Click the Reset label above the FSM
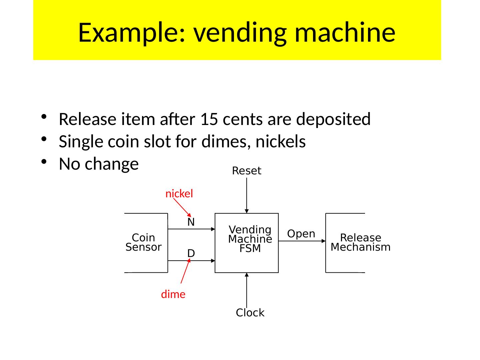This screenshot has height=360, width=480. pyautogui.click(x=247, y=171)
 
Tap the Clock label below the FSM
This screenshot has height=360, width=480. pyautogui.click(x=250, y=313)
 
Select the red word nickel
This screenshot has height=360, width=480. pyautogui.click(x=179, y=194)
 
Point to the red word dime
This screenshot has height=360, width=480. pyautogui.click(x=173, y=294)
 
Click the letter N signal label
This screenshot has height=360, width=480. pyautogui.click(x=191, y=222)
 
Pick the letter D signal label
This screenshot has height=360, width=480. pyautogui.click(x=191, y=254)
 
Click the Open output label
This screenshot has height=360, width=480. pyautogui.click(x=301, y=234)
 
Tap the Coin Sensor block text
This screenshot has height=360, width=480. pyautogui.click(x=144, y=242)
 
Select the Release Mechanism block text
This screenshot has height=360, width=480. pyautogui.click(x=360, y=242)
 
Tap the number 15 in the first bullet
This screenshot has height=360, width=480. pyautogui.click(x=209, y=119)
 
